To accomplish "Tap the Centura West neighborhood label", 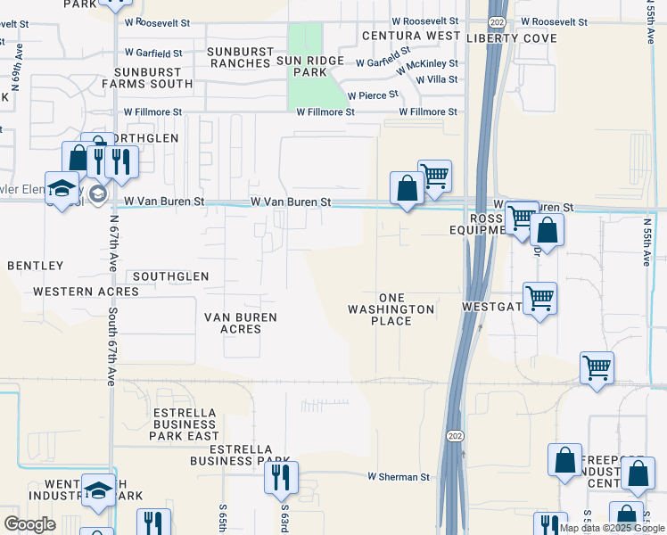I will tap(412, 36).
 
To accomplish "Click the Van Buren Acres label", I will tap(240, 323).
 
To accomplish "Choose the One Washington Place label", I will tap(392, 309).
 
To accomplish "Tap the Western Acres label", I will tap(75, 292).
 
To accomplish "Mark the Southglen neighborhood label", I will tap(170, 276).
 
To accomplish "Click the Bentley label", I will tap(36, 266).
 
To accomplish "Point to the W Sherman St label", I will tap(399, 477).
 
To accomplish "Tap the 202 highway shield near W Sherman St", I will tap(453, 433).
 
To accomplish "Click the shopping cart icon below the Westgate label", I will tap(540, 299).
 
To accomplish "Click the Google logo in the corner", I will tap(29, 524).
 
